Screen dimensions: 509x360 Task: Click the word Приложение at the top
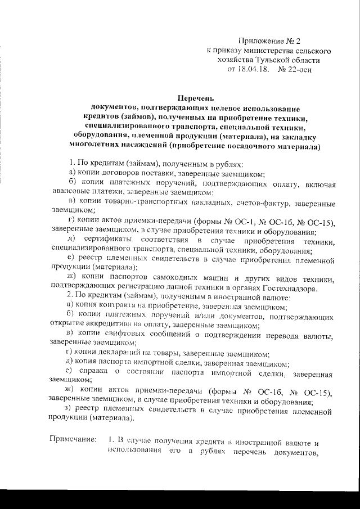coord(261,40)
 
